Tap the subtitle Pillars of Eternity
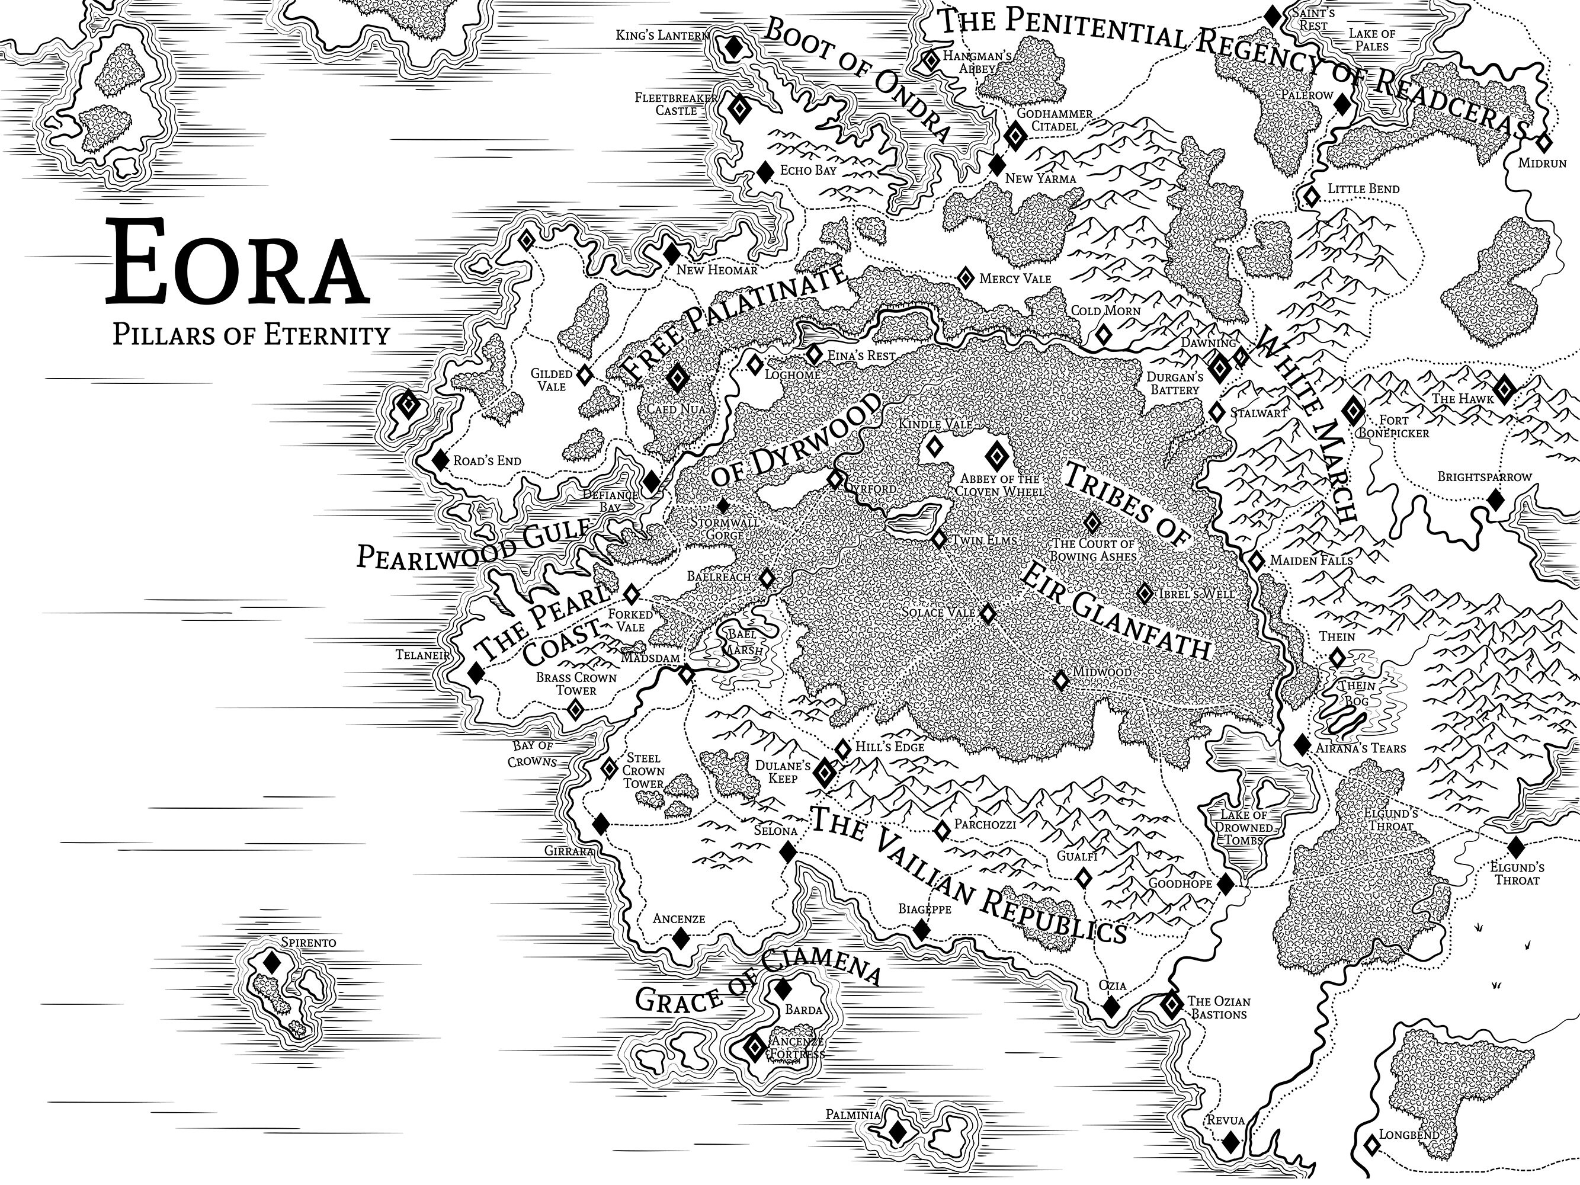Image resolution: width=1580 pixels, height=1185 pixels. click(251, 334)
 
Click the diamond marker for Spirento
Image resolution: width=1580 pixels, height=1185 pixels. click(271, 962)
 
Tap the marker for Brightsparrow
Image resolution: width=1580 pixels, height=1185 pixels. click(1496, 500)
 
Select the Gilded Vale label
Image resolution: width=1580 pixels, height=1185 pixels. click(552, 380)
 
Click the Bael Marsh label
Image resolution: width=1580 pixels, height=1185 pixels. click(744, 642)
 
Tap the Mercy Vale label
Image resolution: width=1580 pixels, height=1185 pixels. click(1014, 278)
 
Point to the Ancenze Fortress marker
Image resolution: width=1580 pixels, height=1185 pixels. click(754, 1047)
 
